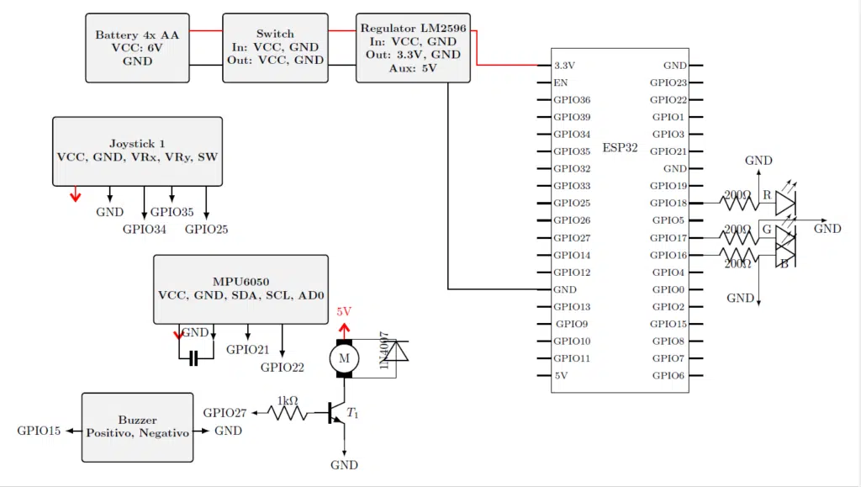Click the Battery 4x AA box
138,48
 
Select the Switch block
275,48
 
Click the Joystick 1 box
137,151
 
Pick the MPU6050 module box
240,288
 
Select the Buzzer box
137,426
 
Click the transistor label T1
353,413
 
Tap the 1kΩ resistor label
288,400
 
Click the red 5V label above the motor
343,311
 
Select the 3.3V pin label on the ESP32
565,65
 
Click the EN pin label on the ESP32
560,82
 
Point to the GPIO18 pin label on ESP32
669,203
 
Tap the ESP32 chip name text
620,148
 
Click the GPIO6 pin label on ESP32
669,375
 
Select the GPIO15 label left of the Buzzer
39,431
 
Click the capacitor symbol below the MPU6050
194,359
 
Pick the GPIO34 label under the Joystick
144,229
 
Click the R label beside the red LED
766,195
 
